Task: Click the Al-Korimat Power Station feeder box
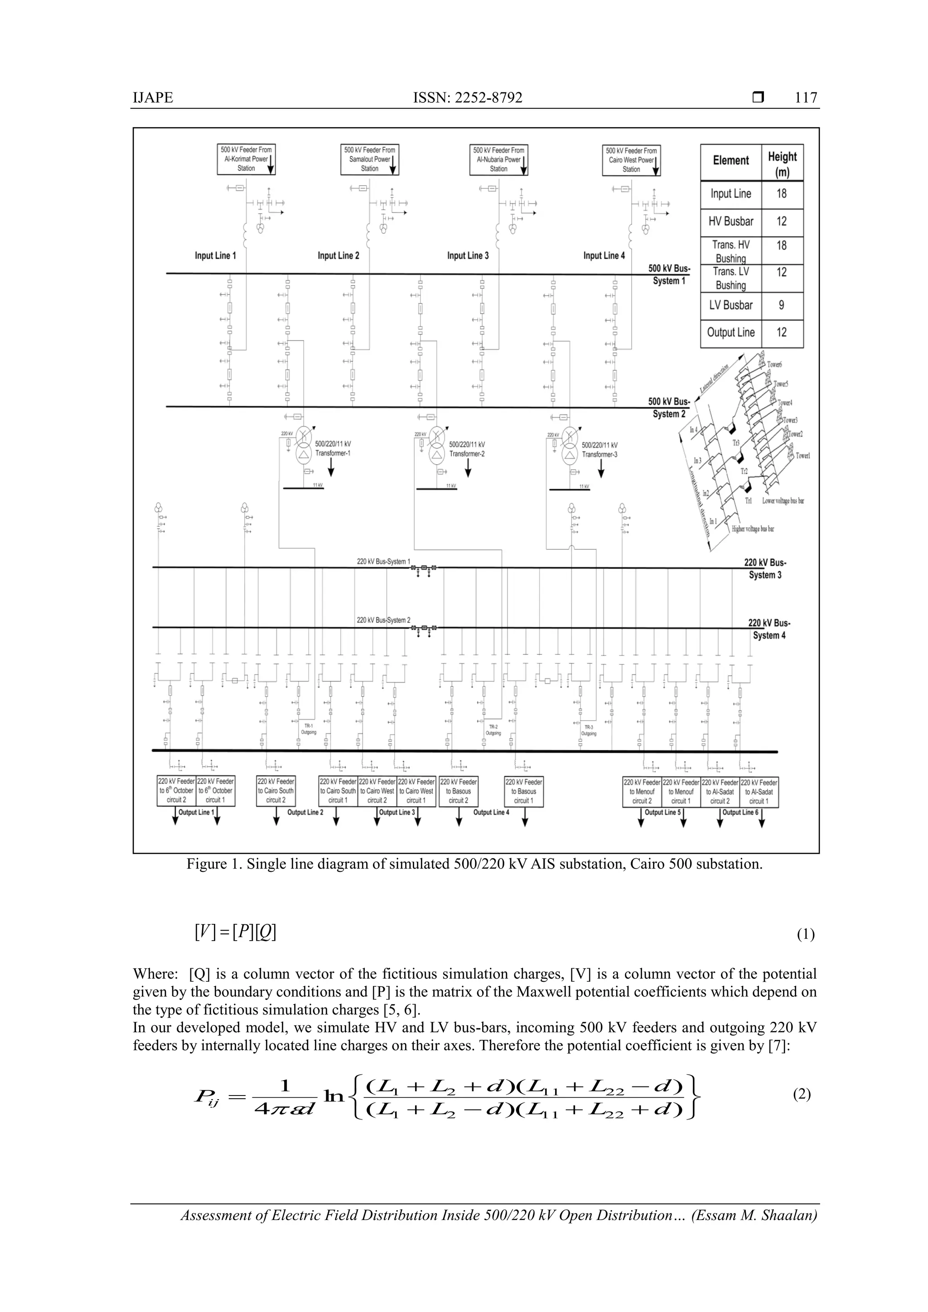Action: click(x=246, y=159)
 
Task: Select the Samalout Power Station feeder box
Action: click(x=369, y=159)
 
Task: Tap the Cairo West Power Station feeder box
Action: click(x=631, y=160)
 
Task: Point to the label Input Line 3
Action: click(x=468, y=256)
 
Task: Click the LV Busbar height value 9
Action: click(x=782, y=305)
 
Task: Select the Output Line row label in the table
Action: click(x=731, y=332)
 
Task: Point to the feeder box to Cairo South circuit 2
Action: click(x=275, y=791)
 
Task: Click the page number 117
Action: click(x=806, y=98)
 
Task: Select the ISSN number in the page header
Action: click(x=467, y=98)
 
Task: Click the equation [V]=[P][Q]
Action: click(x=235, y=933)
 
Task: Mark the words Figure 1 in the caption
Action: click(x=213, y=864)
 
